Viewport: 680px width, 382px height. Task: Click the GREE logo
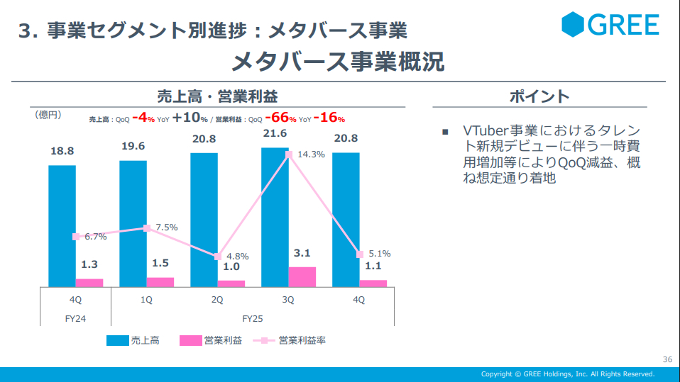610,26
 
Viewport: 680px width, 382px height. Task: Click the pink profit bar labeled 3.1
302,277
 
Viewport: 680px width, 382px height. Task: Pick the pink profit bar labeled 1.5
160,282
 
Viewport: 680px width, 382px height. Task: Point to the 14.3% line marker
289,154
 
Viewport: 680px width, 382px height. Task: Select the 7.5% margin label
166,227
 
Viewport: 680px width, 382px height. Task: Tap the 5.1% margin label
380,253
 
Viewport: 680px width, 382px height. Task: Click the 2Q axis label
217,300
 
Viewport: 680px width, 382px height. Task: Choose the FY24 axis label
75,318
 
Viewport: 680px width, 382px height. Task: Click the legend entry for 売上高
133,341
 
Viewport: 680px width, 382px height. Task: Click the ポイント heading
539,97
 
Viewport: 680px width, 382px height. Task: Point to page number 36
667,359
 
